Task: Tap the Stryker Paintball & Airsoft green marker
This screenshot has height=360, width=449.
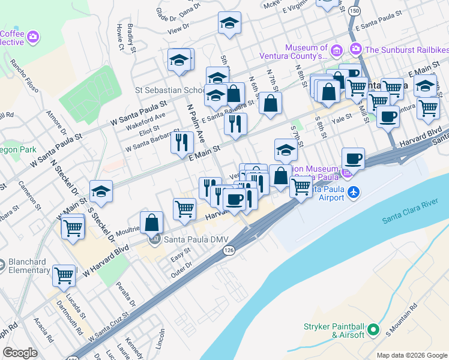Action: (373, 329)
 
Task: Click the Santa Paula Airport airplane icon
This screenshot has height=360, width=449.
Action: (354, 191)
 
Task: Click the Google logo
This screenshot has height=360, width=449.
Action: (20, 353)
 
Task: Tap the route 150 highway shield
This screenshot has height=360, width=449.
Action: (355, 11)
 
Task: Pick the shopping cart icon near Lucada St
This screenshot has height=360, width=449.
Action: (64, 275)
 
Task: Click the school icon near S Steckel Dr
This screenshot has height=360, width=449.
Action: (101, 191)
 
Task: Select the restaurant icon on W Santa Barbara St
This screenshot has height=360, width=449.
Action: (182, 142)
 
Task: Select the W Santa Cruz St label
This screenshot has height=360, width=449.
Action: (109, 326)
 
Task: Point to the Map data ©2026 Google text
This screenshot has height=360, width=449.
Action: (411, 355)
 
